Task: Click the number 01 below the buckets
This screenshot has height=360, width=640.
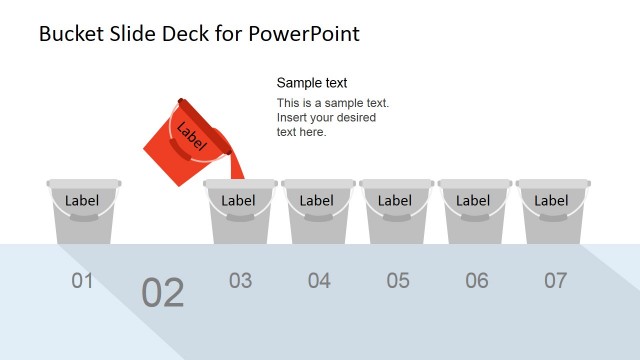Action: coord(82,281)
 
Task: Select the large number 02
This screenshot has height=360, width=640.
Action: coord(163,293)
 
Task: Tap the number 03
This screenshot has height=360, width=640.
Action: coord(240,281)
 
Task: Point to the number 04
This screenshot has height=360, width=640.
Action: coord(319,281)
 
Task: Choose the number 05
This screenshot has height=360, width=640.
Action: coord(398,281)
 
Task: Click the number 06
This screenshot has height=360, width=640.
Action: coord(477,281)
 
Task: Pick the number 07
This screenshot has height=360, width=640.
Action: coord(555,281)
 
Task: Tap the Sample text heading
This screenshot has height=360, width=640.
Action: coord(312,83)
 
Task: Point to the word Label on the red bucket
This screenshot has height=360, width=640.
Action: coord(190,136)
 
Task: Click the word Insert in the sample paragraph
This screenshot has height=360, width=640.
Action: coord(292,118)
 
